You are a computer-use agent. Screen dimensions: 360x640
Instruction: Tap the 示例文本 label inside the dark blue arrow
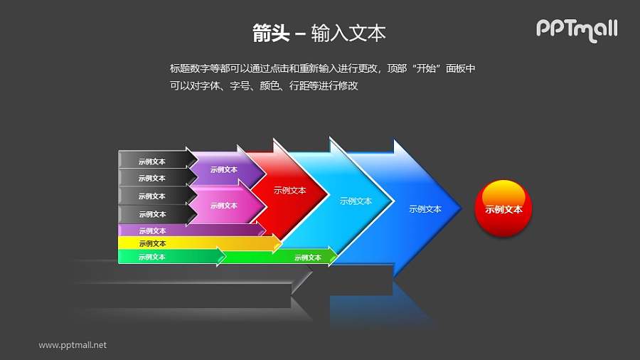click(x=425, y=209)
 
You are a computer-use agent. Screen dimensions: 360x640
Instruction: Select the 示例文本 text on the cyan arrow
click(x=356, y=201)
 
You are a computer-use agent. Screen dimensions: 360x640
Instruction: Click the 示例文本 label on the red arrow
click(x=289, y=191)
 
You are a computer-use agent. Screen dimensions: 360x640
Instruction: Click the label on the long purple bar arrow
click(x=152, y=231)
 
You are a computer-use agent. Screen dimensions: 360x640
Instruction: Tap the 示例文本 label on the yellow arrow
click(x=152, y=243)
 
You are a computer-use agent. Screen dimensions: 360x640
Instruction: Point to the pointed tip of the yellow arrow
click(x=281, y=243)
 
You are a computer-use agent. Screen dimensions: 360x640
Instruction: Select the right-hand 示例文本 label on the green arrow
click(x=308, y=258)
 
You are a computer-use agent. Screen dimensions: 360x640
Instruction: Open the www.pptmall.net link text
click(x=73, y=345)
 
